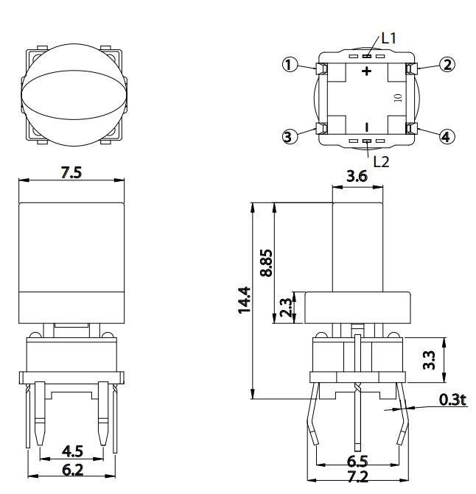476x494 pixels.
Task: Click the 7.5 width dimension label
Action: (71, 173)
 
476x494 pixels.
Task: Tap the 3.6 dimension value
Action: (357, 176)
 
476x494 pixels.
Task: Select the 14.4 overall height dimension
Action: (245, 300)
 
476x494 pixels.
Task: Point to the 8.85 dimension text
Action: (266, 263)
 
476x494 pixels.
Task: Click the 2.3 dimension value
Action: (286, 307)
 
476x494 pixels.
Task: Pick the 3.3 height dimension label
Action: (429, 360)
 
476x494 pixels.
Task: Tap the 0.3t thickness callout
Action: (452, 400)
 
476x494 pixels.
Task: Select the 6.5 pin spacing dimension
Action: (357, 462)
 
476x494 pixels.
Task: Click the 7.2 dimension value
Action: (358, 476)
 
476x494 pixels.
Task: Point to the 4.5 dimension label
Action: (72, 451)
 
